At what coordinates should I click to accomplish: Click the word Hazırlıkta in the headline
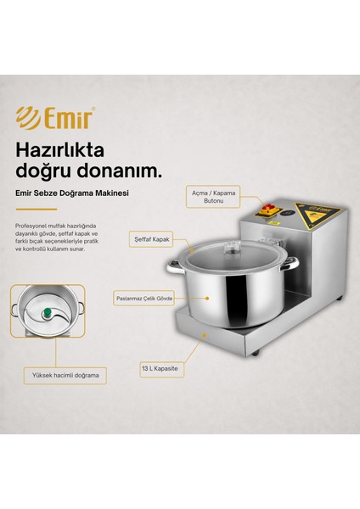pos(60,150)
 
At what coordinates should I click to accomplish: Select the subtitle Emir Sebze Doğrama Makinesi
pos(72,193)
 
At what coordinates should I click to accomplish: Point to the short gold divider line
pos(37,210)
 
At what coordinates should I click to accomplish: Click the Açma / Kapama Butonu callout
pos(213,197)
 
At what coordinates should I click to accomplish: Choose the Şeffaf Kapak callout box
pos(151,239)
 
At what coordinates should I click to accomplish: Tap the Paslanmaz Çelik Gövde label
pos(144,299)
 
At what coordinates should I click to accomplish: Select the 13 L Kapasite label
pos(161,369)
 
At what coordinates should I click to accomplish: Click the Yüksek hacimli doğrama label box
pos(65,376)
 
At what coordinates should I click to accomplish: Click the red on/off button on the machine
pos(269,207)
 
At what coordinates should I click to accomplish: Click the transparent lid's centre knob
pos(232,247)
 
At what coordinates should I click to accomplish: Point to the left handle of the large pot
pos(175,266)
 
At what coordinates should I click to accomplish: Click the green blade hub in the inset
pos(48,312)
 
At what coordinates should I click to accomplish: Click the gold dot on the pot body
pos(207,298)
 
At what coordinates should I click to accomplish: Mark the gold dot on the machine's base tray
pos(204,335)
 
